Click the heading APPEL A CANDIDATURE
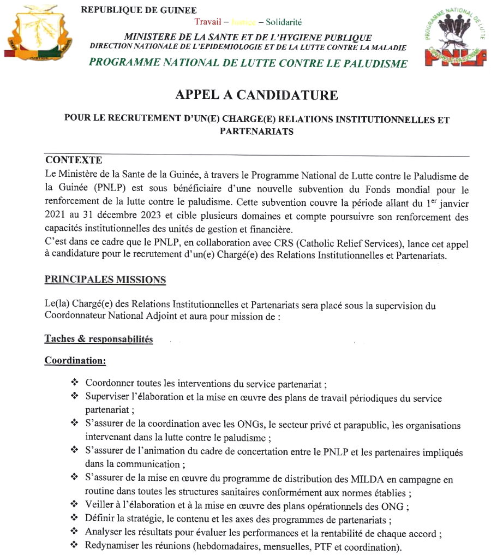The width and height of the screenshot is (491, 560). tap(256, 95)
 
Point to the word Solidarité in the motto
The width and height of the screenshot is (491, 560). tap(284, 22)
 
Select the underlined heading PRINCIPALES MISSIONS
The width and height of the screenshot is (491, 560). tap(105, 279)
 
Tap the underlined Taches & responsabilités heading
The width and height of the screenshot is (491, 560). tap(99, 339)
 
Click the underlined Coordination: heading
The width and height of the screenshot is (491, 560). tap(75, 361)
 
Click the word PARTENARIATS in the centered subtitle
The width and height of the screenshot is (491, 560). tap(256, 132)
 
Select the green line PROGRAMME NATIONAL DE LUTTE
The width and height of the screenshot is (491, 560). tap(248, 63)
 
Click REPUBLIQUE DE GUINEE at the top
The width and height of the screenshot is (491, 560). tap(139, 10)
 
